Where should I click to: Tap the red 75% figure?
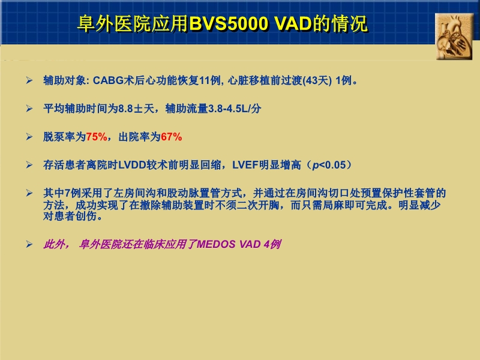pyautogui.click(x=97, y=137)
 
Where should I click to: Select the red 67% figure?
pyautogui.click(x=171, y=137)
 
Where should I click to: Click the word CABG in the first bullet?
pyautogui.click(x=107, y=80)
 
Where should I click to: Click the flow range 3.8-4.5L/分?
pyautogui.click(x=234, y=109)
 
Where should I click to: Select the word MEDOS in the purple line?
pyautogui.click(x=218, y=245)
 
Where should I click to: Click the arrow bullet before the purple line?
pyautogui.click(x=29, y=245)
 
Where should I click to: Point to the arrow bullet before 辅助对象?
pyautogui.click(x=29, y=80)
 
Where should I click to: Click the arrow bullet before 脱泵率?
pyautogui.click(x=29, y=137)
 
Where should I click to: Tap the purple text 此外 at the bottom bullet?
pyautogui.click(x=55, y=245)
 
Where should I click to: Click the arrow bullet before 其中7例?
pyautogui.click(x=29, y=193)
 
